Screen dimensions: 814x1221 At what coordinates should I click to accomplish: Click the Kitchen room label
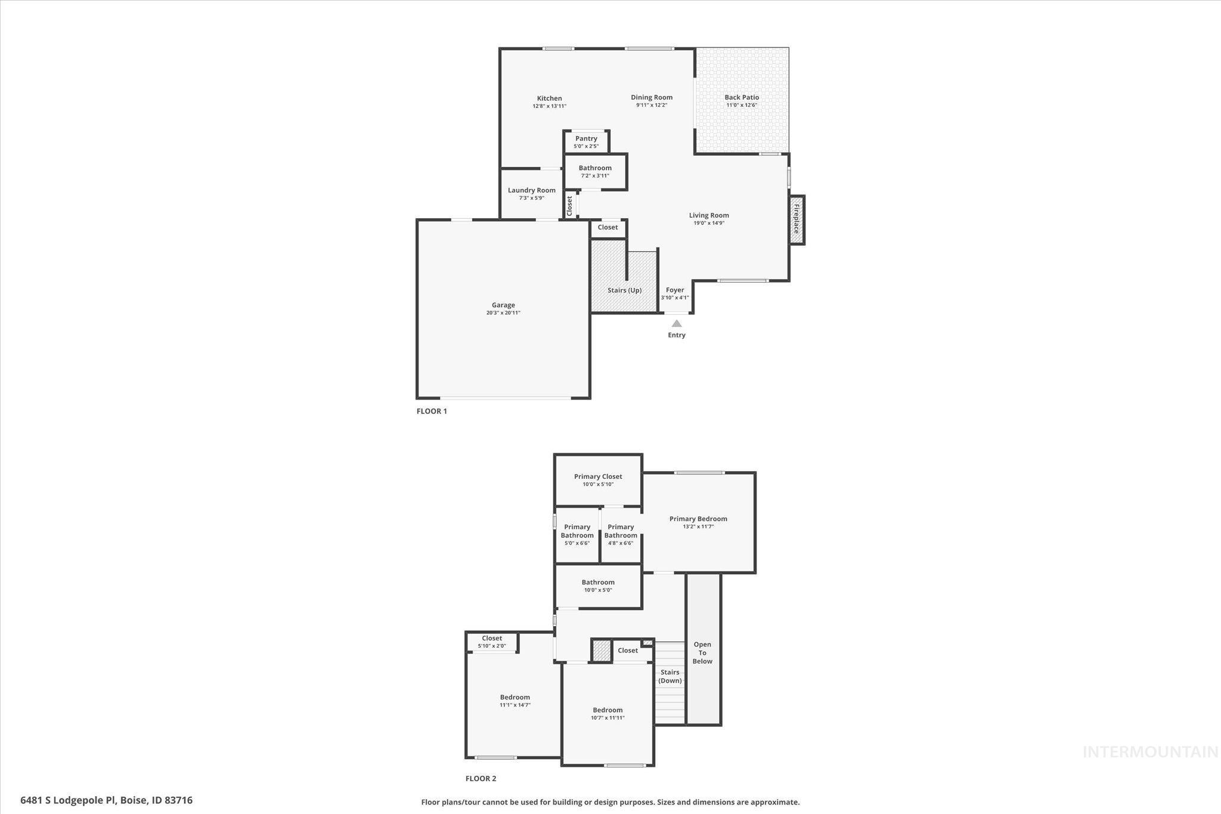pyautogui.click(x=549, y=98)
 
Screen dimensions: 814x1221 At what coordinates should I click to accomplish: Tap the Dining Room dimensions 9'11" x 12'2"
pyautogui.click(x=651, y=106)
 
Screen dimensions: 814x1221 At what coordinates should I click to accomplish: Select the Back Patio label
pyautogui.click(x=742, y=97)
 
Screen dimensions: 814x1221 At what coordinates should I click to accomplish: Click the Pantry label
pyautogui.click(x=586, y=138)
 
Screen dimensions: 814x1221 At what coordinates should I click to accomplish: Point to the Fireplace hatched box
pyautogui.click(x=797, y=219)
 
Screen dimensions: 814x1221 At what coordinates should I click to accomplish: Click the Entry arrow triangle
pyautogui.click(x=677, y=324)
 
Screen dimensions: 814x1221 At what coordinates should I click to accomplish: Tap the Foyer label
pyautogui.click(x=675, y=290)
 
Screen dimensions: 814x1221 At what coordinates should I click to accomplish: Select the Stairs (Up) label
pyautogui.click(x=624, y=290)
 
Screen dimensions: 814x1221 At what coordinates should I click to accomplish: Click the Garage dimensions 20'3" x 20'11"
pyautogui.click(x=503, y=313)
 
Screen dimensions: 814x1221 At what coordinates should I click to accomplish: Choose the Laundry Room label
pyautogui.click(x=531, y=190)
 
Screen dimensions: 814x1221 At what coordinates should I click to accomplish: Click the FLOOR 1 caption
pyautogui.click(x=432, y=411)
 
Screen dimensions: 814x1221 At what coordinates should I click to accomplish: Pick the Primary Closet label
pyautogui.click(x=598, y=476)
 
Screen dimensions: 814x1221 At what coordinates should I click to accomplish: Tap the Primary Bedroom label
pyautogui.click(x=698, y=519)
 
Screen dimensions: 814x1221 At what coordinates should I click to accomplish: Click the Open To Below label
pyautogui.click(x=702, y=652)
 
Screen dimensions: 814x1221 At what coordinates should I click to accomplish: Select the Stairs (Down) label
pyautogui.click(x=670, y=676)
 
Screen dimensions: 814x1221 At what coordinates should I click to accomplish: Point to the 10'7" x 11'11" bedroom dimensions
pyautogui.click(x=608, y=718)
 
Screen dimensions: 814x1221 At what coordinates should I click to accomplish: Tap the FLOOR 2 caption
pyautogui.click(x=481, y=778)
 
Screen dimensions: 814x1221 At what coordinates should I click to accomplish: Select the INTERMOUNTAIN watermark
pyautogui.click(x=1150, y=752)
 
